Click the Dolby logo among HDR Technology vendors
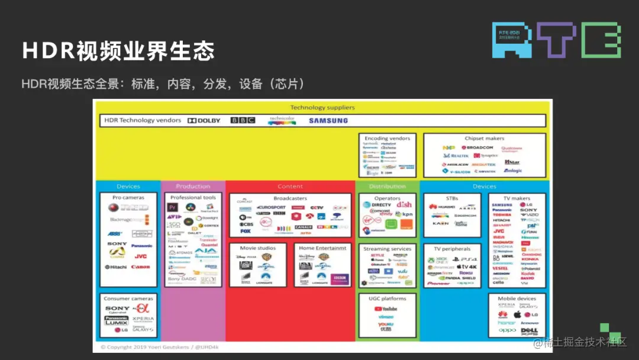coord(204,121)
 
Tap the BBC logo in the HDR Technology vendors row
coord(243,121)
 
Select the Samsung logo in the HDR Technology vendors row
coord(328,121)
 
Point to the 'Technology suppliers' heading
coord(322,107)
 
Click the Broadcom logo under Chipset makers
coord(477,147)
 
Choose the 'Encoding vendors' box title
coord(387,139)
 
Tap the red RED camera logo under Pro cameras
coord(114,208)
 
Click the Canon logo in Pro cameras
coord(140,267)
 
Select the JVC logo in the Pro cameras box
coord(140,256)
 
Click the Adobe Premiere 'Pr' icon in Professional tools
coord(173,207)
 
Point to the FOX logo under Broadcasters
coord(246,232)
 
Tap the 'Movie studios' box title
coord(257,248)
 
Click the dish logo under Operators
coord(404,205)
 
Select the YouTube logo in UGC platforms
coord(387,308)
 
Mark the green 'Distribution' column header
coord(387,187)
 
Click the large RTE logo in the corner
coord(556,40)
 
